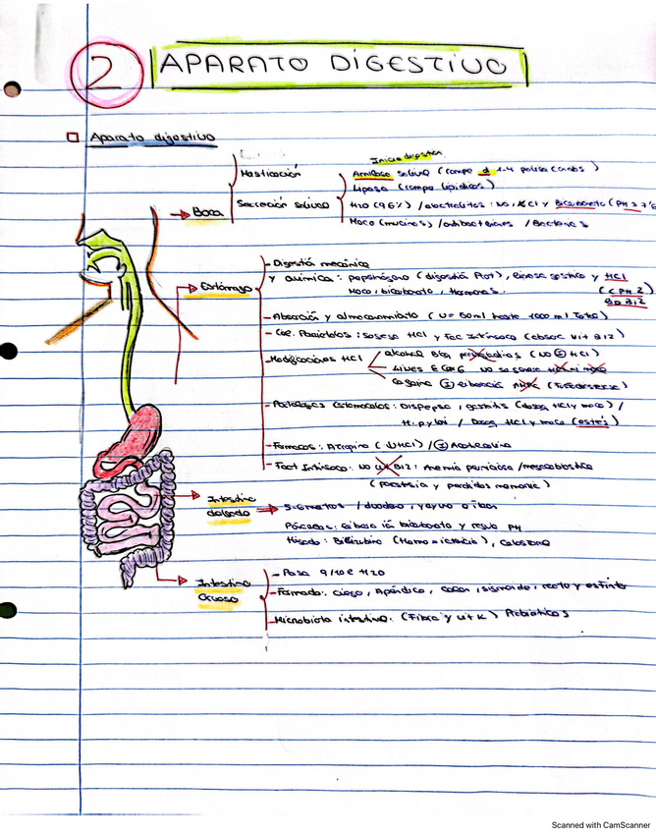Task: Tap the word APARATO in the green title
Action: pyautogui.click(x=228, y=66)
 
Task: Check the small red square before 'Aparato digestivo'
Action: pyautogui.click(x=73, y=139)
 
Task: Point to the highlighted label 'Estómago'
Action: pyautogui.click(x=226, y=286)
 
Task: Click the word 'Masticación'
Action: pyautogui.click(x=270, y=174)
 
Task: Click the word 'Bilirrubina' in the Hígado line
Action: pyautogui.click(x=347, y=541)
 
